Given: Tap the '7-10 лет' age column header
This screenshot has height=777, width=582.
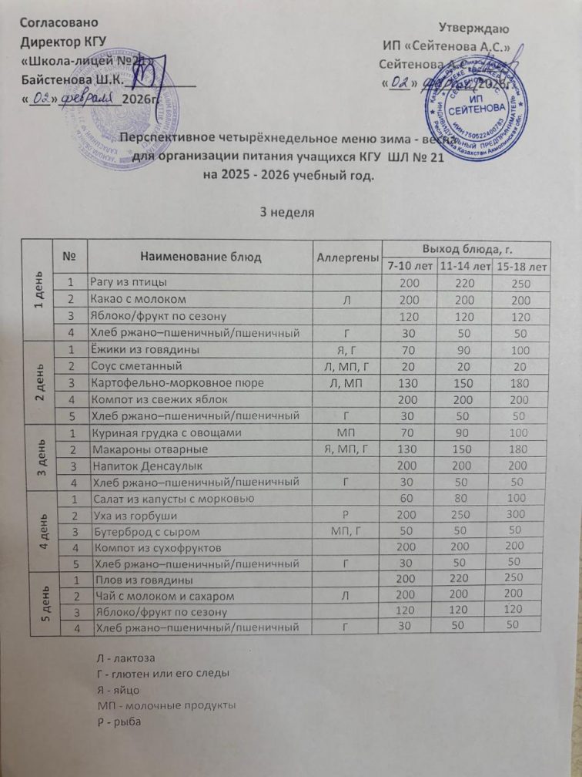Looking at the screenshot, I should click(x=409, y=267).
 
